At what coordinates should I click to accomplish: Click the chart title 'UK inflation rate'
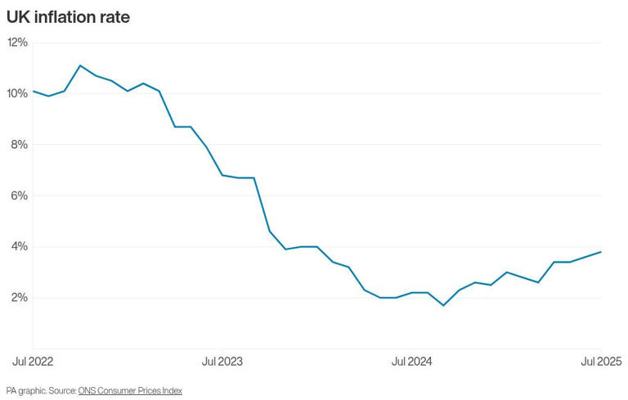68,17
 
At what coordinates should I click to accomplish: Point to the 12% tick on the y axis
17,43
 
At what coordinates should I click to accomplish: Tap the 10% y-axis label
17,93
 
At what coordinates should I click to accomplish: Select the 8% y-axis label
19,145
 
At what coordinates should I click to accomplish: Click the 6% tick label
19,196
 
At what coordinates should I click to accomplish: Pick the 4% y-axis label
19,246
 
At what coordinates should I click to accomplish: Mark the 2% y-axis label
19,298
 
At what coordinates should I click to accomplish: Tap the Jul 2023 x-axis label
222,361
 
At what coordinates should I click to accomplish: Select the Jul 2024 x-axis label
412,361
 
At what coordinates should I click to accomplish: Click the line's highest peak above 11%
80,65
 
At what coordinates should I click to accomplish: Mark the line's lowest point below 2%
443,305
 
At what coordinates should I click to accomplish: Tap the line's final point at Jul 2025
601,252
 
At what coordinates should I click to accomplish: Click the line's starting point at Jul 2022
34,91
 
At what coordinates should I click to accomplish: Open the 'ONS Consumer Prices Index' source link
130,391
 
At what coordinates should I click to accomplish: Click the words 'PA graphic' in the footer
24,391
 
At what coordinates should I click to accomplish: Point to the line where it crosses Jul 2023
222,175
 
